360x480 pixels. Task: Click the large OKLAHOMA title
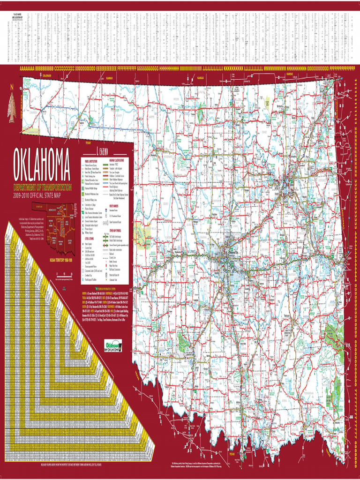pos(42,165)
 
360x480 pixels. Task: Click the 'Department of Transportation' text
pos(43,187)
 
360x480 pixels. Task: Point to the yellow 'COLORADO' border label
pos(46,75)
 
